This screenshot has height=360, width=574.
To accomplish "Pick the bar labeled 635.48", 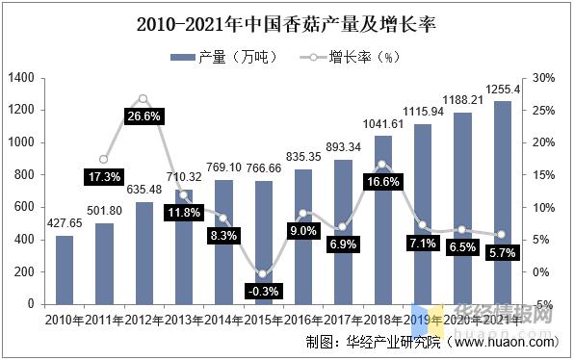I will pyautogui.click(x=143, y=252).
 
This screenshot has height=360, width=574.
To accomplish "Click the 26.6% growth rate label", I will pyautogui.click(x=143, y=116).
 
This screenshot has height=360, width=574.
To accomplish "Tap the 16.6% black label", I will pyautogui.click(x=382, y=181).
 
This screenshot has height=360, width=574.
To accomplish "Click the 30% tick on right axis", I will pyautogui.click(x=542, y=77).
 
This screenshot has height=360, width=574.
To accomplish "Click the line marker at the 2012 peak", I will pyautogui.click(x=143, y=98).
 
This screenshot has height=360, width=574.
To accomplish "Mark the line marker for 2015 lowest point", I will pyautogui.click(x=263, y=273).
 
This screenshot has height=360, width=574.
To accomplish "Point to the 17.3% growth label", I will pyautogui.click(x=103, y=177).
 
